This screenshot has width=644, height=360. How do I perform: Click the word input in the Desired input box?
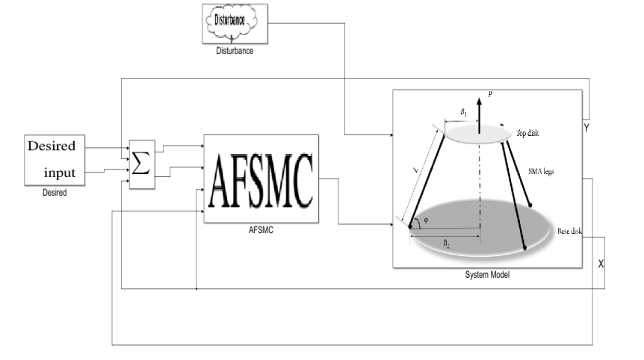(x=60, y=173)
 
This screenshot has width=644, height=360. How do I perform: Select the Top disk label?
(x=529, y=133)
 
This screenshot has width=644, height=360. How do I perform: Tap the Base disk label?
(x=569, y=231)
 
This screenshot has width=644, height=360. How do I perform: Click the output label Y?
(x=587, y=128)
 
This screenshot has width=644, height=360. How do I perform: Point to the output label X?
(x=601, y=265)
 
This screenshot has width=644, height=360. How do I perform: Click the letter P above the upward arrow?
(x=488, y=94)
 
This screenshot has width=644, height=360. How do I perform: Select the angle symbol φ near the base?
(x=426, y=221)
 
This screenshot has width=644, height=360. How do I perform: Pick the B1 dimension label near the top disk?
(x=463, y=113)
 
